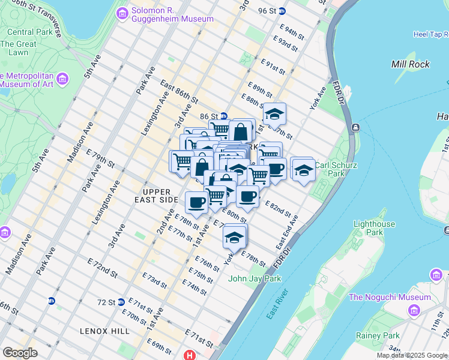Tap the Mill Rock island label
click(x=410, y=64)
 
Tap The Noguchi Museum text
click(x=390, y=297)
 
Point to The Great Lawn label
click(x=19, y=48)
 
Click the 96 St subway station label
click(x=267, y=11)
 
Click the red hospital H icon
click(x=191, y=355)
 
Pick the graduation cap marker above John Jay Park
click(x=234, y=237)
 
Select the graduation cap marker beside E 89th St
click(x=275, y=114)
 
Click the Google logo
click(x=20, y=353)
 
